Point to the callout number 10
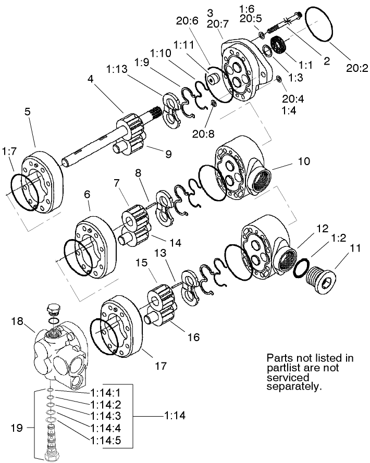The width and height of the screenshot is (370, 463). point(304,162)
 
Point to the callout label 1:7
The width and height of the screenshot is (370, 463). point(9,151)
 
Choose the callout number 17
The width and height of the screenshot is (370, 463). point(161,366)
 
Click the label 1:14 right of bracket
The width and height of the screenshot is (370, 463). point(174,416)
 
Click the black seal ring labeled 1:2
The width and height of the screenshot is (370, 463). point(300,270)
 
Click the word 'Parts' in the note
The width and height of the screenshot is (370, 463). point(279,358)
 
